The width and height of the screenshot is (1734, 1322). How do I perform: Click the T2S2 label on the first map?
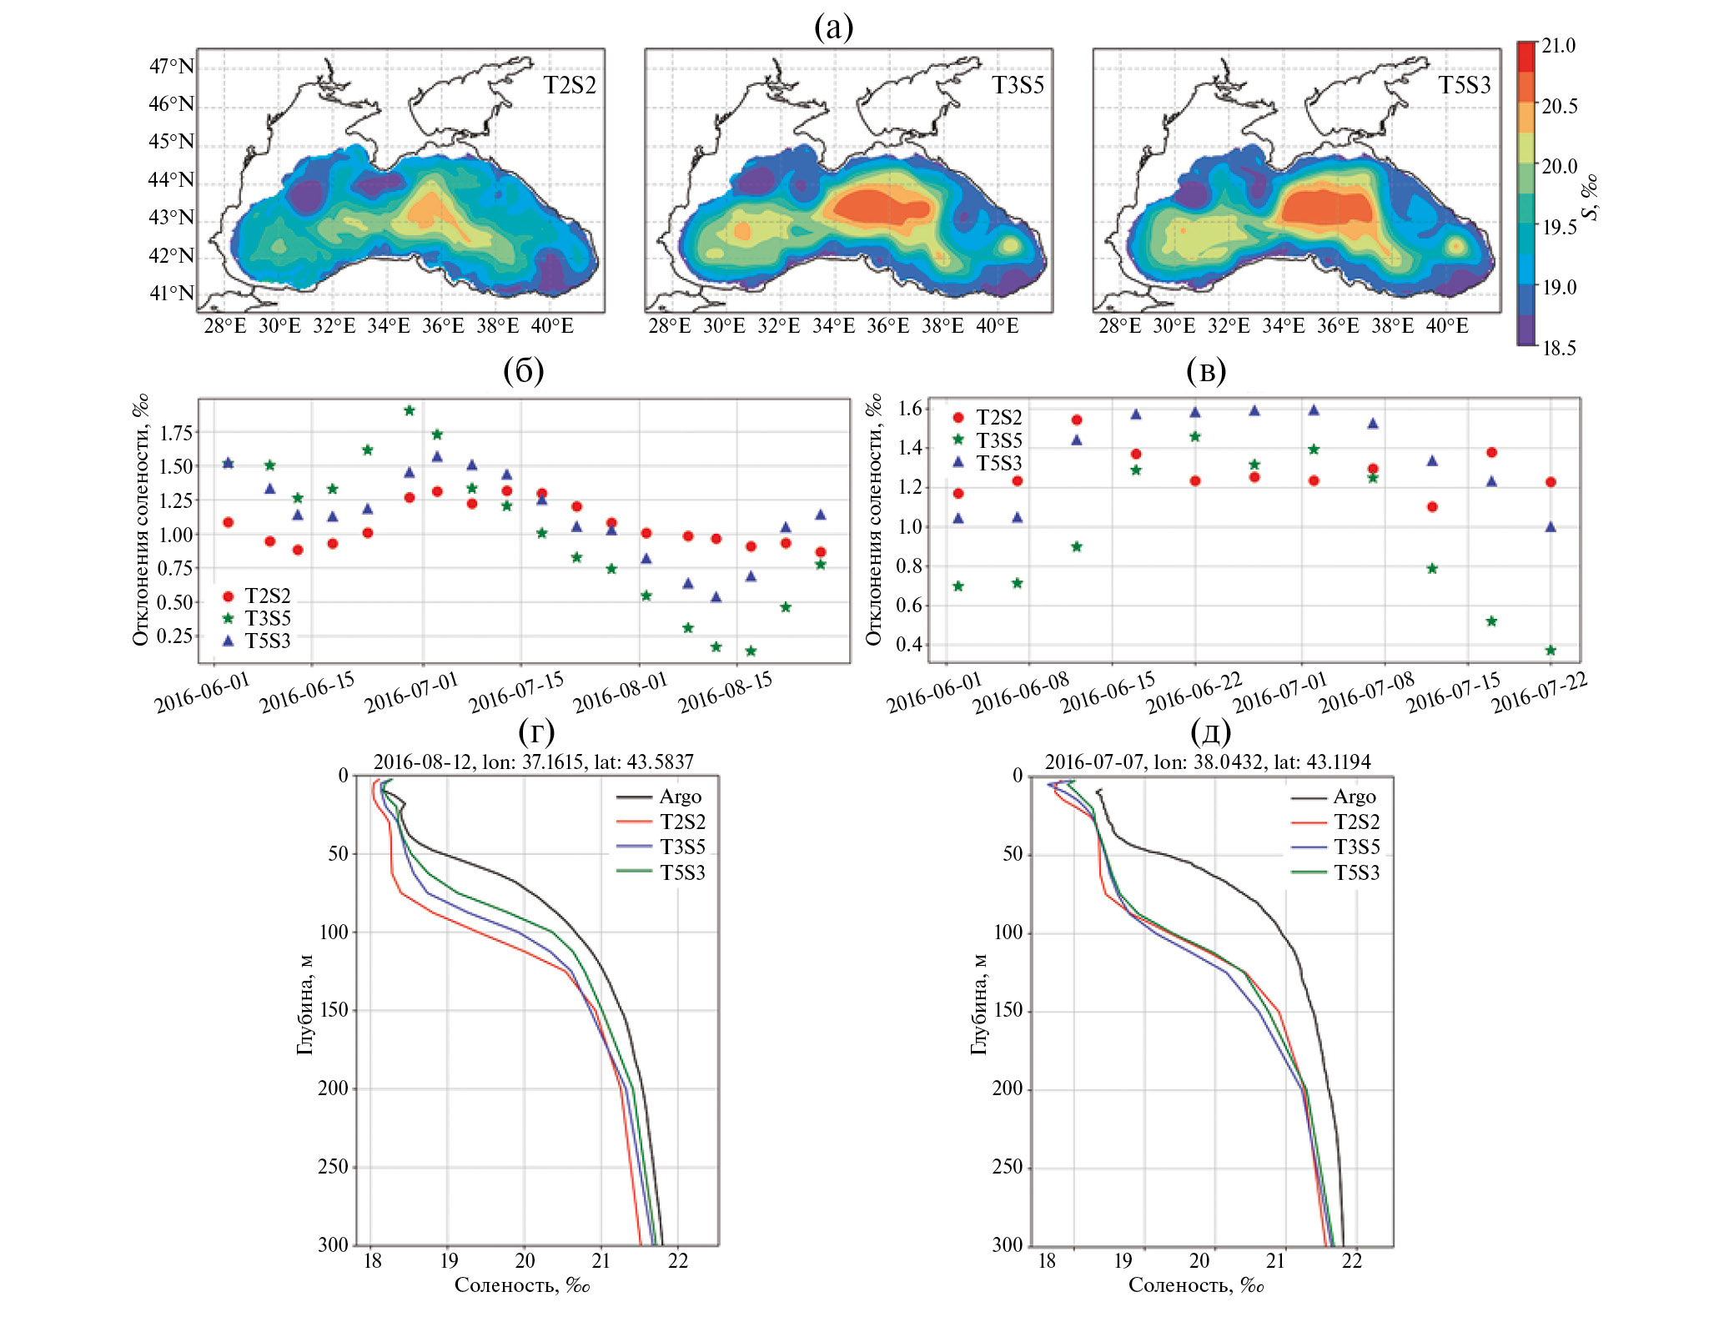click(570, 85)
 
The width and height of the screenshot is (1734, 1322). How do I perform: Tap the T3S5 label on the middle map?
click(1018, 85)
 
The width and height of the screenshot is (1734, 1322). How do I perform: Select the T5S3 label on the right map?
click(1465, 85)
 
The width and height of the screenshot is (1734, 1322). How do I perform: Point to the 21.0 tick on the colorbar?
click(1558, 46)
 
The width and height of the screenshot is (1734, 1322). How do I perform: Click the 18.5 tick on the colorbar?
click(1558, 348)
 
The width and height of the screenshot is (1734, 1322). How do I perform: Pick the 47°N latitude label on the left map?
click(171, 66)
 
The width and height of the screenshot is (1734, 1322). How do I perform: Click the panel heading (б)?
click(523, 370)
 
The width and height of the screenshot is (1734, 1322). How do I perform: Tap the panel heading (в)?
click(1206, 370)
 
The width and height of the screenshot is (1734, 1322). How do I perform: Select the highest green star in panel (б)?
click(410, 410)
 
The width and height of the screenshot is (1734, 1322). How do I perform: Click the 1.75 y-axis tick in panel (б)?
click(176, 433)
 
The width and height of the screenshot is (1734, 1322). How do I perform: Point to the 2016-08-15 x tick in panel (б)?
click(725, 692)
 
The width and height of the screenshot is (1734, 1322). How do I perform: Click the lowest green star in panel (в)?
click(1551, 651)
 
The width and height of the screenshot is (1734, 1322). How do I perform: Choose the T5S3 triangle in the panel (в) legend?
click(958, 462)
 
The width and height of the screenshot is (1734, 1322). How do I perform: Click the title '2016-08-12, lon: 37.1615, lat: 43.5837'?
click(533, 762)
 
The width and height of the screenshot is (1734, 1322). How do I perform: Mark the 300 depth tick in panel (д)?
click(1007, 1244)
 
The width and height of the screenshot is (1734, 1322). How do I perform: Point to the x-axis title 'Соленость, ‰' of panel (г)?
click(522, 1284)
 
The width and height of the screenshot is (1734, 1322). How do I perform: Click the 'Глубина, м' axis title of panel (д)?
click(979, 1004)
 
